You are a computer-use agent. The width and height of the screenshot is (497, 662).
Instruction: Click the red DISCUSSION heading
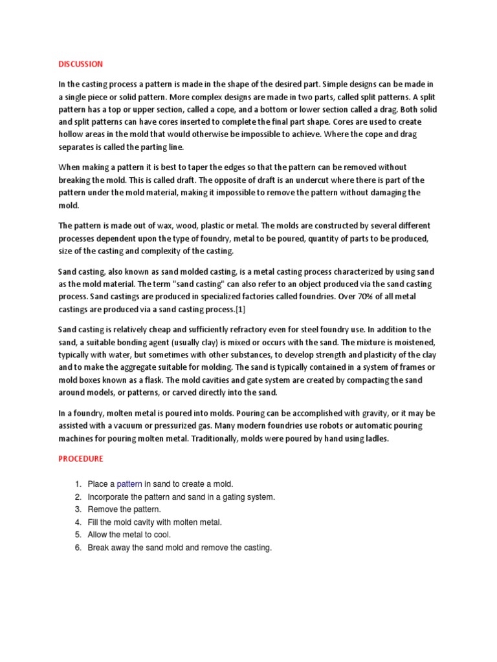(x=80, y=64)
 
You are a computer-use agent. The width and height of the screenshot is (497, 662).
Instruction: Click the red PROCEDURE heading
(x=80, y=458)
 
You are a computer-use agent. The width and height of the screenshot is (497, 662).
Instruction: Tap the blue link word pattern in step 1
(x=129, y=484)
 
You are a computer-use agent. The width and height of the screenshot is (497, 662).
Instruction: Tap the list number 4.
(x=77, y=522)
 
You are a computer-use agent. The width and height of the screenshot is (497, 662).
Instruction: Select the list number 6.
(x=77, y=548)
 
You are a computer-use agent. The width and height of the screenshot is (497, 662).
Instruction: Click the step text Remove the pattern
(x=124, y=509)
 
